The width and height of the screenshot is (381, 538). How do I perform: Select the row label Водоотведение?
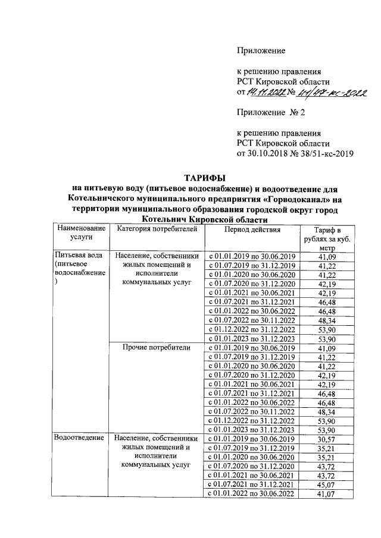click(x=77, y=438)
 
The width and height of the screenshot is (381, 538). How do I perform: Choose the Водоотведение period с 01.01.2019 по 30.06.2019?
click(x=254, y=438)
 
